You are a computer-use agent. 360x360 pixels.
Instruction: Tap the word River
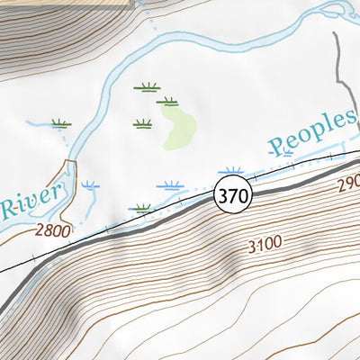(32, 200)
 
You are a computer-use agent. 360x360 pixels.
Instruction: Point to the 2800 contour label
(52, 231)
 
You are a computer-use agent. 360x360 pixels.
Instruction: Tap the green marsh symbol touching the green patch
(167, 103)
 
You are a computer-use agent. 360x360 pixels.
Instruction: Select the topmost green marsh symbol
(147, 87)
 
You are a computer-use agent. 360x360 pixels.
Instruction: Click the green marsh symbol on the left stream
(61, 123)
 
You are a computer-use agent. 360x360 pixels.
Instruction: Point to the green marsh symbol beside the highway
(139, 209)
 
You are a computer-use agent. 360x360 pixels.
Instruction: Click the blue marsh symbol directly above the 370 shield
(231, 170)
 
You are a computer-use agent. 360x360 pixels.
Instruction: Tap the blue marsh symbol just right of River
(90, 185)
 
